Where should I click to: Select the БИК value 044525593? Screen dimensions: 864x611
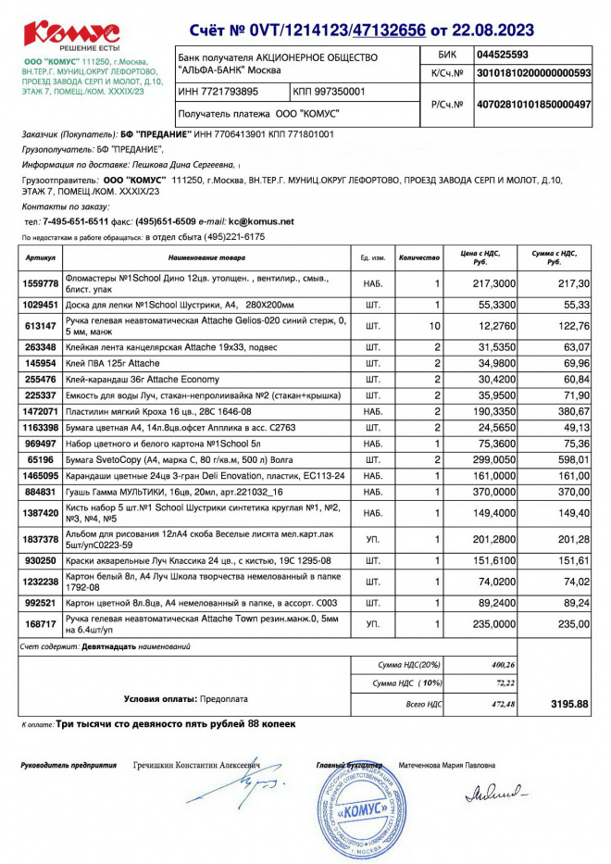click(x=503, y=55)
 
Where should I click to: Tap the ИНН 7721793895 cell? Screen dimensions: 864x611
click(x=218, y=93)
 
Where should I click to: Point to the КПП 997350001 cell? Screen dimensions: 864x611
click(x=330, y=93)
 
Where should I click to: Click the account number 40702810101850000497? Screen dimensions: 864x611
click(x=532, y=106)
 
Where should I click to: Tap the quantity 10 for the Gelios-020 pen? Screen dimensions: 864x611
click(x=434, y=326)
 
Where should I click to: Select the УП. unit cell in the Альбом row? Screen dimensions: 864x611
click(x=373, y=539)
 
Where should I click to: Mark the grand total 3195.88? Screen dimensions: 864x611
click(x=569, y=705)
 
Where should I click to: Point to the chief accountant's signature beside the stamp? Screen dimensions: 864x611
click(x=494, y=793)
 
